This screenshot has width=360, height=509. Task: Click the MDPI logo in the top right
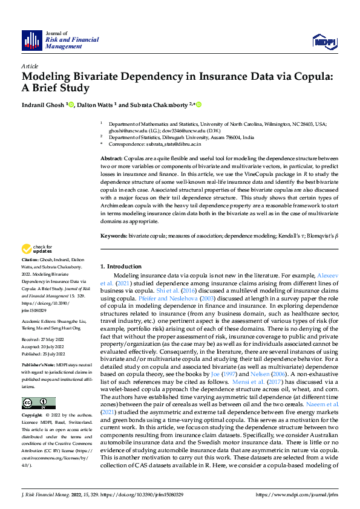pyautogui.click(x=323, y=41)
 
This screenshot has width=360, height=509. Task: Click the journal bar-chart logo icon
pyautogui.click(x=31, y=41)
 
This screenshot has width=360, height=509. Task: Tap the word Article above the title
pyautogui.click(x=29, y=66)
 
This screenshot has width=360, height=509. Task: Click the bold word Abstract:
pyautogui.click(x=112, y=157)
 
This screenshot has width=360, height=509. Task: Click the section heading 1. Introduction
pyautogui.click(x=120, y=267)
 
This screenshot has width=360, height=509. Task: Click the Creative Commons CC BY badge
pyautogui.click(x=38, y=403)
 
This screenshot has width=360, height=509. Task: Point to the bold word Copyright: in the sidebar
pyautogui.click(x=33, y=416)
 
